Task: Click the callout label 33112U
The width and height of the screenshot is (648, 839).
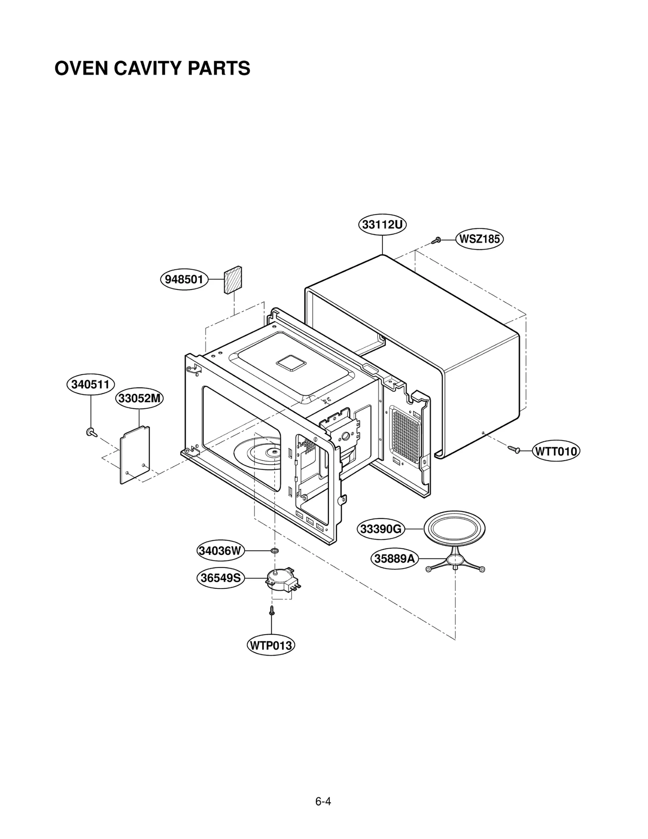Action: [x=382, y=224]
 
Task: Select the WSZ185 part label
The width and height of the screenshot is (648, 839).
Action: [x=479, y=239]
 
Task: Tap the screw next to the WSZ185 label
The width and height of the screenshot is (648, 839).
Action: [x=436, y=240]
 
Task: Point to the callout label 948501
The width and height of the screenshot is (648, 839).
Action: [x=184, y=279]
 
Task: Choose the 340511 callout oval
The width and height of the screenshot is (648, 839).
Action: [x=90, y=384]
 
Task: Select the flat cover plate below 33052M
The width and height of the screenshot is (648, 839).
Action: [x=135, y=455]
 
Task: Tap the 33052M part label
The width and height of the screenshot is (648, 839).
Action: [x=139, y=399]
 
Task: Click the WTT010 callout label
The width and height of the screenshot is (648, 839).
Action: [x=556, y=451]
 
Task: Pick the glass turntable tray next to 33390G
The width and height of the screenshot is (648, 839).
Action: [x=454, y=528]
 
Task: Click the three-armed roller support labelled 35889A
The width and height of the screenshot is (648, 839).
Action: [x=455, y=562]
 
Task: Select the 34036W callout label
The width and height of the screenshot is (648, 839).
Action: [x=220, y=550]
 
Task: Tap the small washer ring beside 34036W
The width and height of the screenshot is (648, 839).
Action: [x=275, y=550]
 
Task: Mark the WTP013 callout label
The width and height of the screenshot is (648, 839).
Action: [x=271, y=645]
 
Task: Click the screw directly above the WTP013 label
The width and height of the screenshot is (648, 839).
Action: [x=272, y=611]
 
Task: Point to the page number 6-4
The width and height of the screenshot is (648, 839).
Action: [x=323, y=790]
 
